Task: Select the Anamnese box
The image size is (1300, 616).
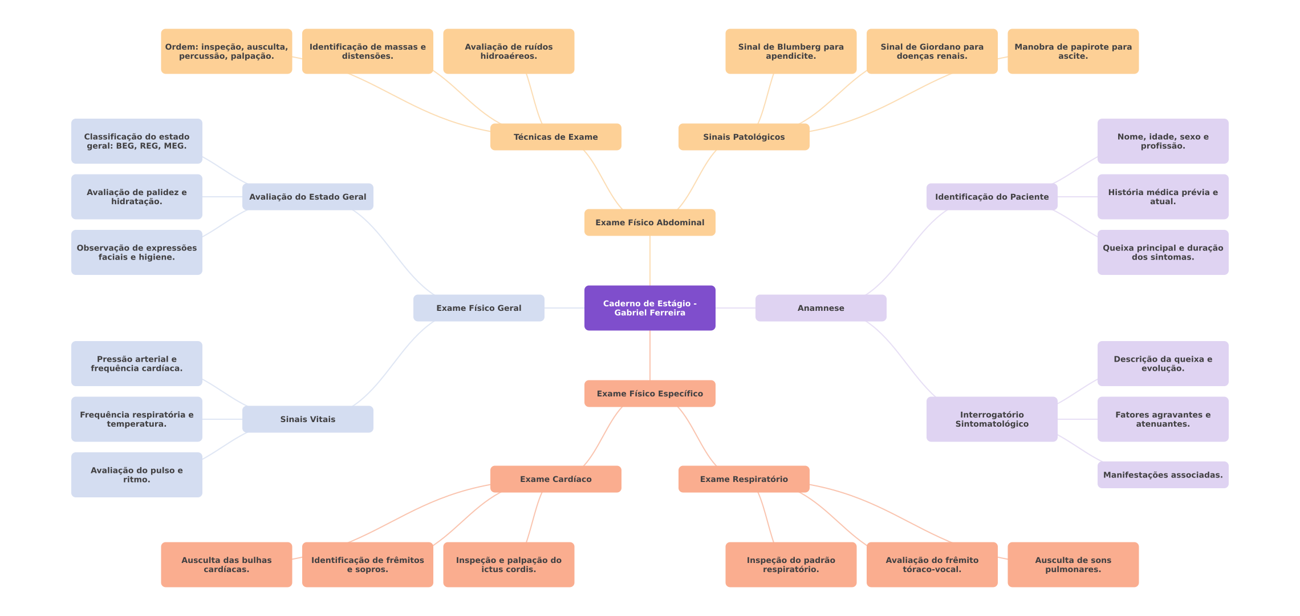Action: [x=820, y=308]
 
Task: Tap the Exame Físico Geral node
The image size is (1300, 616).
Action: [x=478, y=308]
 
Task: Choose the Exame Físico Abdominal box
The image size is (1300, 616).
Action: [x=649, y=222]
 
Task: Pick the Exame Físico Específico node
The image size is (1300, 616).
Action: [x=649, y=394]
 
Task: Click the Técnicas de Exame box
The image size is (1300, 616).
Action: [x=555, y=137]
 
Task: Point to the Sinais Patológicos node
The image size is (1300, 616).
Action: [x=744, y=137]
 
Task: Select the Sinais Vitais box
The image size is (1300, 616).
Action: [x=307, y=419]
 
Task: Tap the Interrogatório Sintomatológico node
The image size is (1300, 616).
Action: [x=992, y=419]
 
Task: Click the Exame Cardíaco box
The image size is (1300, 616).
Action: [x=555, y=479]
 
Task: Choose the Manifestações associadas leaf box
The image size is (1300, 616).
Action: [x=1163, y=475]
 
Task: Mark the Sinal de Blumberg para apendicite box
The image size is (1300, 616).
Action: [x=790, y=51]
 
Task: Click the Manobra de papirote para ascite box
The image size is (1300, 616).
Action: [x=1072, y=51]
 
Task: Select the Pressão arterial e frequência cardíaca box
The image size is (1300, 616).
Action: [x=136, y=363]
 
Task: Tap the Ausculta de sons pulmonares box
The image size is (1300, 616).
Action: [x=1072, y=565]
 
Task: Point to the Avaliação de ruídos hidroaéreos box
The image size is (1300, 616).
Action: [x=508, y=51]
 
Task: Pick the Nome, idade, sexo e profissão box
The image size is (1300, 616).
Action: [x=1163, y=141]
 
